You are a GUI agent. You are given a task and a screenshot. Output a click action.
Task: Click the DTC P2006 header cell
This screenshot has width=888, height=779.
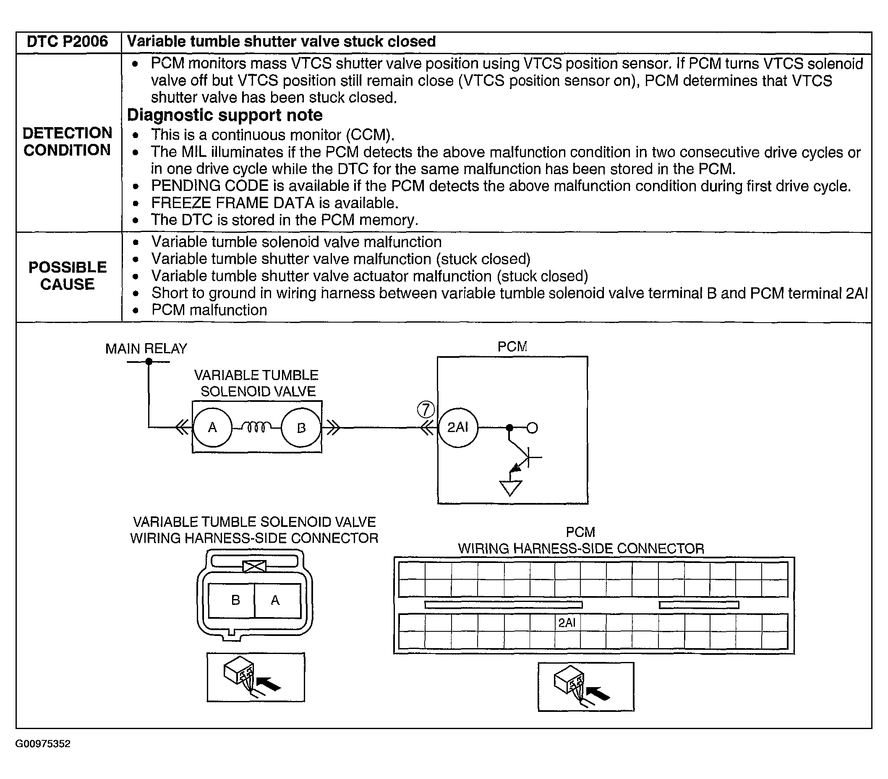[67, 42]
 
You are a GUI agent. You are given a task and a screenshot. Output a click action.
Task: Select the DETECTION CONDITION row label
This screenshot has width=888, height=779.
[67, 141]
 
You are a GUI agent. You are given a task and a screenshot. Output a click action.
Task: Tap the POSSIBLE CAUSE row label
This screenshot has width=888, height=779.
[67, 276]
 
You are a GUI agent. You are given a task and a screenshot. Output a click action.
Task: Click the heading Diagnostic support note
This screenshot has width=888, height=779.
[225, 115]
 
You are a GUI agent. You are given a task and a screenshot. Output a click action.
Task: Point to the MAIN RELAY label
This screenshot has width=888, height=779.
[146, 349]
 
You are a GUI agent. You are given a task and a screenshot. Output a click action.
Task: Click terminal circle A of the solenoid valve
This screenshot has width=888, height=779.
[212, 428]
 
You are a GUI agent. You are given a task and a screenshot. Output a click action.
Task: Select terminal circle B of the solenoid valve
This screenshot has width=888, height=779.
[301, 428]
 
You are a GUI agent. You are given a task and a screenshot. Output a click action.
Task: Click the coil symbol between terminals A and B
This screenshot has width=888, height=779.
[257, 428]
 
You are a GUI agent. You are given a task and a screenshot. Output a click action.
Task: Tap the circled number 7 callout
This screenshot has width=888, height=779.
[426, 409]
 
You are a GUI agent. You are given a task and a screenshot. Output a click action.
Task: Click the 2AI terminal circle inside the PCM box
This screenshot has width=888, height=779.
[458, 428]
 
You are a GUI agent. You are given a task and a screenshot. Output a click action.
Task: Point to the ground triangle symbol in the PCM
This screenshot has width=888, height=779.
[510, 487]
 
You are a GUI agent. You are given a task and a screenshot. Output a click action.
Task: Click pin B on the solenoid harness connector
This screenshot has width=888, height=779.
[235, 600]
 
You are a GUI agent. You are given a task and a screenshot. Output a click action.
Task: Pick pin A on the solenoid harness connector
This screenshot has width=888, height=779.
[275, 600]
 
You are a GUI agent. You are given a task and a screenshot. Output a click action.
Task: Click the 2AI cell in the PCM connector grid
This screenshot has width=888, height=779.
[567, 623]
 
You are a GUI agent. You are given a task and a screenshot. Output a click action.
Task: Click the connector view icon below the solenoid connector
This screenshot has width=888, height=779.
[256, 677]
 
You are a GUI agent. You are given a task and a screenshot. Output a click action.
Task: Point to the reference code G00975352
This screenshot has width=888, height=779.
[42, 744]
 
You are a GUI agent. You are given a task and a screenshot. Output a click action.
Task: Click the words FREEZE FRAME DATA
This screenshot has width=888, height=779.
[232, 203]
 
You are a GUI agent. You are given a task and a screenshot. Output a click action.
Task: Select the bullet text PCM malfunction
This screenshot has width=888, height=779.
[209, 310]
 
